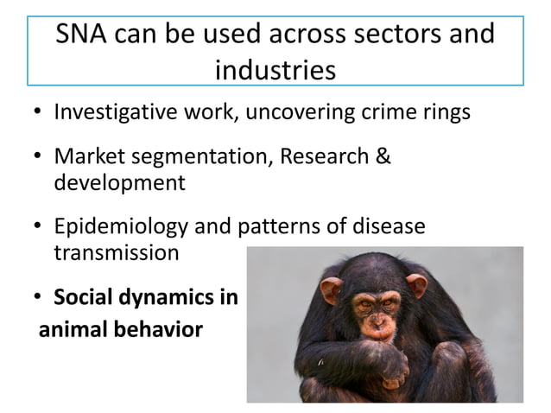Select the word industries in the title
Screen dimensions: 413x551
coord(275,69)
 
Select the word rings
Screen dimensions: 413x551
coord(445,113)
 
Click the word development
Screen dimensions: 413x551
coord(119,182)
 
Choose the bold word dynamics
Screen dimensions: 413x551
coord(164,299)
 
